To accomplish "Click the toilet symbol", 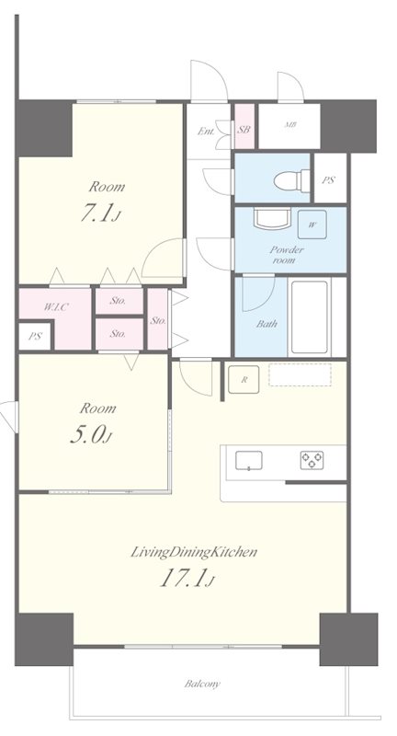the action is (x=291, y=180).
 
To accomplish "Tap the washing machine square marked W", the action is (x=312, y=224).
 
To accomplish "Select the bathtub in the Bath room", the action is (x=309, y=316).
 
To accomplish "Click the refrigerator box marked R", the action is (x=244, y=379).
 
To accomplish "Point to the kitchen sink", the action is (x=248, y=461).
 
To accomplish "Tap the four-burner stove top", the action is (x=312, y=460).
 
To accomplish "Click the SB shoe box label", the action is (x=244, y=130).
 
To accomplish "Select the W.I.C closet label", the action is (x=56, y=307).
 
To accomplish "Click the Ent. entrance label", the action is (x=206, y=132).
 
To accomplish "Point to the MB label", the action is (x=290, y=125).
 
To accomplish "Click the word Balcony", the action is (x=201, y=684).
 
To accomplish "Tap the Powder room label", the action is (x=287, y=255).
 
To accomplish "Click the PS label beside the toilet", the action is (x=329, y=179).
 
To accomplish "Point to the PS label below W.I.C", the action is (x=35, y=336).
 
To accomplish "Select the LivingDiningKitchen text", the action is (x=194, y=552).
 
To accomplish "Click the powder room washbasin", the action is (x=271, y=219).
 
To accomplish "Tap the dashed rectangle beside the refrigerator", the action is (x=300, y=374).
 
